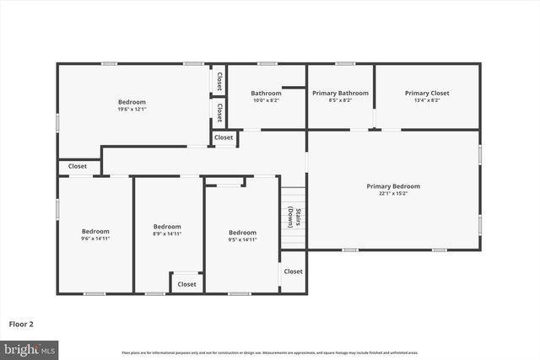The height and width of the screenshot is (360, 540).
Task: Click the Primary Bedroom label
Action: [x=392, y=186]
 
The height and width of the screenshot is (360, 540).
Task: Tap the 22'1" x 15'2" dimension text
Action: [x=392, y=193]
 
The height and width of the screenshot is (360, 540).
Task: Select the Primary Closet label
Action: [x=426, y=93]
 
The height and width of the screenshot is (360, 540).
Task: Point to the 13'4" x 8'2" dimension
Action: [x=426, y=100]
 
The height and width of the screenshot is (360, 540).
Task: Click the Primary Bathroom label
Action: [x=340, y=93]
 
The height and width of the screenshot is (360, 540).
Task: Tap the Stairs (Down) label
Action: [x=292, y=218]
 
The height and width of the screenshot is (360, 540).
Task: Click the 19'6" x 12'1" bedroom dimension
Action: [x=132, y=109]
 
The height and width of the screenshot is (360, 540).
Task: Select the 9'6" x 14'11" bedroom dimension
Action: [x=95, y=239]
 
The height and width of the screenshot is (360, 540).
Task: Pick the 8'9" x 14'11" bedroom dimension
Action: [x=167, y=234]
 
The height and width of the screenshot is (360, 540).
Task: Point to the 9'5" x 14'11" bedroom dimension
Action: [x=242, y=239]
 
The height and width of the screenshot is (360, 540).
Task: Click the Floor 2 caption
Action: [x=21, y=323]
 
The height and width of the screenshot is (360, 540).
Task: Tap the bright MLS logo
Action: [x=30, y=349]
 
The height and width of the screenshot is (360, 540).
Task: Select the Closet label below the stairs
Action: [x=293, y=271]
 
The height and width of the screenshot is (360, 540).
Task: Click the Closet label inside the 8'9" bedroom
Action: [x=186, y=284]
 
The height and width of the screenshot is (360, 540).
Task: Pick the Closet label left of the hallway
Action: [x=78, y=167]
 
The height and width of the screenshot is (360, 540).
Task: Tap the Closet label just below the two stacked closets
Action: [x=224, y=137]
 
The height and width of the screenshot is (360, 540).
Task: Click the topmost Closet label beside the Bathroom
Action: [x=219, y=81]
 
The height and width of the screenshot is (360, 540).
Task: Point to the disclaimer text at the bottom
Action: [x=270, y=352]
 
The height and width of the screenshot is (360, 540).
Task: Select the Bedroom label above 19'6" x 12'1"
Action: [x=132, y=102]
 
